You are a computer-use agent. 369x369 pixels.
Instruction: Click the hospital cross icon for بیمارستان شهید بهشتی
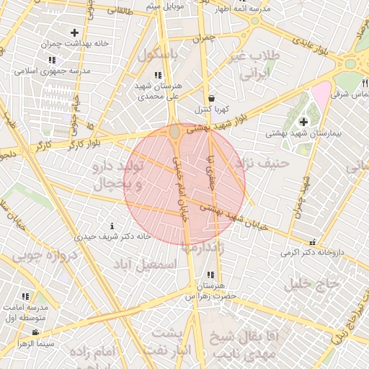tap(303, 121)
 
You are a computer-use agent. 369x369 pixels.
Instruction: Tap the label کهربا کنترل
tap(211, 110)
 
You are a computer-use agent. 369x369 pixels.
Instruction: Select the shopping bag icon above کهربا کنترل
tap(210, 98)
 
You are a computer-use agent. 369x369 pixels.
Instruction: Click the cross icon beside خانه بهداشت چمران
tap(75, 32)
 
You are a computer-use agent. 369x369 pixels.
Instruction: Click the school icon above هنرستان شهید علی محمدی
tap(158, 74)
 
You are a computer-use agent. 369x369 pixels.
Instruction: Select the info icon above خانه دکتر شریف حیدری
tap(110, 225)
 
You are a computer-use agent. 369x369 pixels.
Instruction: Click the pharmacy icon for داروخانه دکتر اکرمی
tap(312, 243)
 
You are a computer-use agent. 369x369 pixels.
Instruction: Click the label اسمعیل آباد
tap(150, 264)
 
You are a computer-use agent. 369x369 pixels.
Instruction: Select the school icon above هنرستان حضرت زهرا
tap(210, 275)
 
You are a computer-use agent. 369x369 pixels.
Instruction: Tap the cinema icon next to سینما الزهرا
tap(35, 332)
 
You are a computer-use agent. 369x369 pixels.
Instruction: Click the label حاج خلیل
tap(311, 284)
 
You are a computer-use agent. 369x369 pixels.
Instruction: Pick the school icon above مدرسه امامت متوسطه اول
tap(25, 296)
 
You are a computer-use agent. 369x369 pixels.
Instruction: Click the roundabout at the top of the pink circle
tap(175, 132)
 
